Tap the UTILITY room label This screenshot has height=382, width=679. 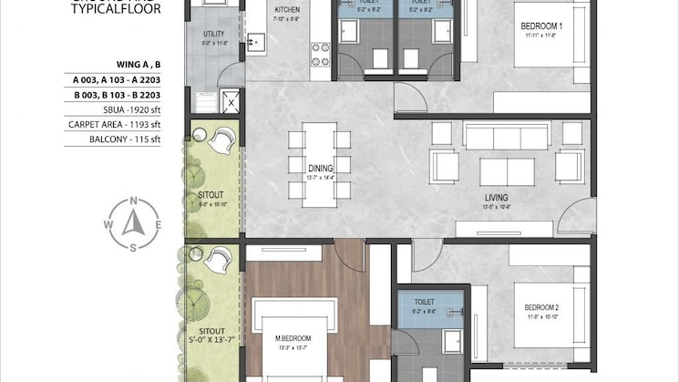[x=214, y=34]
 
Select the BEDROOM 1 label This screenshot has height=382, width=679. [x=541, y=26]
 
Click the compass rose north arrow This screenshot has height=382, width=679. [x=134, y=223]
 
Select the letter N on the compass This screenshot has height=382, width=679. [x=134, y=202]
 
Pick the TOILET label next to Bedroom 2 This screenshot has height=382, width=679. [x=425, y=302]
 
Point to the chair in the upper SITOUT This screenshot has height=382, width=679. [x=221, y=141]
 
